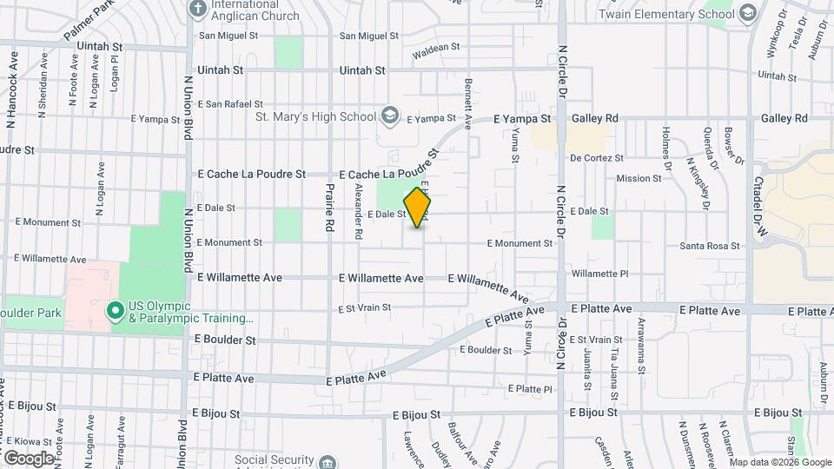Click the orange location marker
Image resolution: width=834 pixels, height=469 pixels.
pyautogui.click(x=418, y=208)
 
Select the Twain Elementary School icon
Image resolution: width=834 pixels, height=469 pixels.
pyautogui.click(x=748, y=13)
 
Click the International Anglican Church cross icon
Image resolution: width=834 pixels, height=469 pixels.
pyautogui.click(x=198, y=10)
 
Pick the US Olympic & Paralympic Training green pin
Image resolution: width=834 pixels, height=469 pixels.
pyautogui.click(x=114, y=310)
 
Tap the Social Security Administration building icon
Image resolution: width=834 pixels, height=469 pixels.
pyautogui.click(x=328, y=460)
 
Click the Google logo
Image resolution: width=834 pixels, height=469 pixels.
pyautogui.click(x=28, y=458)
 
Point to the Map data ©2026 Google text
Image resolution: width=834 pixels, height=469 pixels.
pyautogui.click(x=778, y=462)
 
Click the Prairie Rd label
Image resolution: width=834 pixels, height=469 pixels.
pyautogui.click(x=330, y=209)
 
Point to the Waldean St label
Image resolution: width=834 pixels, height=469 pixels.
pyautogui.click(x=435, y=48)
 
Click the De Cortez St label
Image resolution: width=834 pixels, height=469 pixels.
pyautogui.click(x=597, y=158)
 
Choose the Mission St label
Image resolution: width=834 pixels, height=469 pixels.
pyautogui.click(x=639, y=179)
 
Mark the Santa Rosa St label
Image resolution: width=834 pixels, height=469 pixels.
pyautogui.click(x=710, y=246)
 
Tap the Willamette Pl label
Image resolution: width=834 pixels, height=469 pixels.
pyautogui.click(x=600, y=274)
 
